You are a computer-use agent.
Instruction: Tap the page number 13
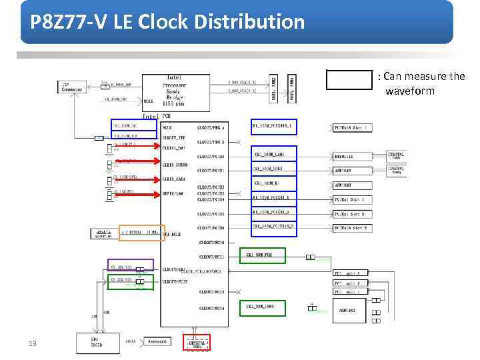click(x=32, y=343)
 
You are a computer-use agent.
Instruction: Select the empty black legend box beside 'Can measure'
click(x=349, y=79)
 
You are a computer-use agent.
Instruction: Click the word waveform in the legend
click(x=409, y=91)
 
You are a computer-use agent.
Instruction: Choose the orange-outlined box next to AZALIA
click(x=141, y=233)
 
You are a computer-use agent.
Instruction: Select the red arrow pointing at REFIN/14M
click(x=135, y=194)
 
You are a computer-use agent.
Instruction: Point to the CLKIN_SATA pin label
click(x=174, y=179)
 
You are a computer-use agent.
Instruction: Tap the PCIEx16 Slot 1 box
click(x=351, y=127)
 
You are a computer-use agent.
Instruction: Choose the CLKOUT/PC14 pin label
click(x=211, y=309)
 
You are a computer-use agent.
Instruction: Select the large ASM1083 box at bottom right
click(x=351, y=310)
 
